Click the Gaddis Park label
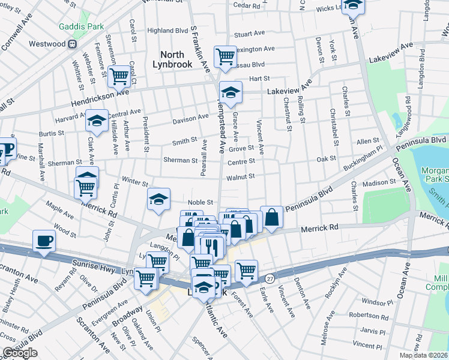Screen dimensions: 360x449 point(81,27)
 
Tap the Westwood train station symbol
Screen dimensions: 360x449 point(72,44)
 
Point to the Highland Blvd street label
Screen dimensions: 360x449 point(167,31)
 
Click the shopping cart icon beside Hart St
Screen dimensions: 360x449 point(120,76)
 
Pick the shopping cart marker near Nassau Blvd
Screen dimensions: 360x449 point(225,57)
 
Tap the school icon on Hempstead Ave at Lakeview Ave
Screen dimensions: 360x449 point(230,92)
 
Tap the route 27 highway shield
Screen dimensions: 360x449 point(270,278)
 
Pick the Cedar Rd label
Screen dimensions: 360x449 point(245,5)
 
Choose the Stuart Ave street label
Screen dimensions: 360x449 point(250,35)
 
